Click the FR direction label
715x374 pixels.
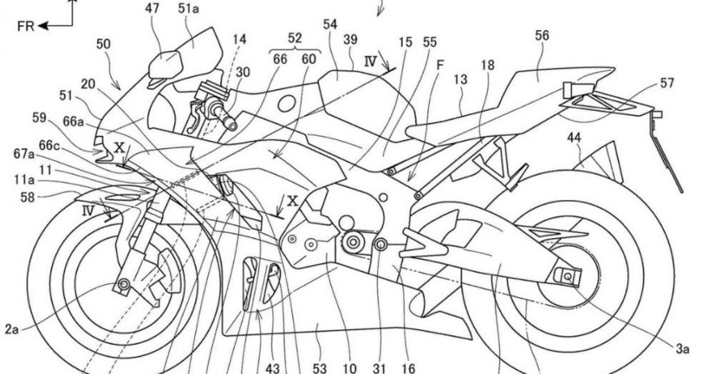27,26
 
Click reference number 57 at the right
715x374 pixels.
668,83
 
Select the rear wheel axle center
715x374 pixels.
568,276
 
